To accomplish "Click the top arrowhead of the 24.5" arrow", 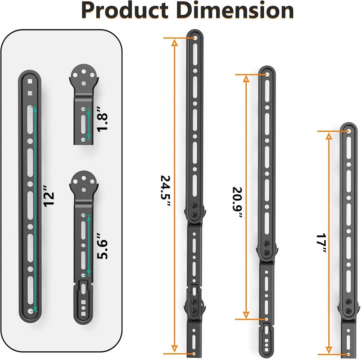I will click(174, 42).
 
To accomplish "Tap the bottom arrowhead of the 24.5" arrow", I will click(174, 350).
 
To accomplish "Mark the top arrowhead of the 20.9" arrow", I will click(246, 79).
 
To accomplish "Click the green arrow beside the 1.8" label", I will click(89, 125).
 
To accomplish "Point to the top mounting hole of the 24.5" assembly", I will click(195, 38).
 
